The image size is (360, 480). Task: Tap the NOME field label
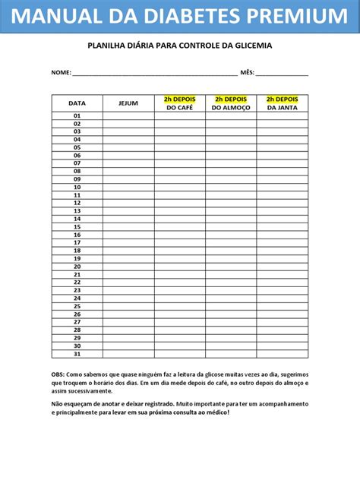(60, 73)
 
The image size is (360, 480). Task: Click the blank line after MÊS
(283, 74)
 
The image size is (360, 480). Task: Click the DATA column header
(77, 103)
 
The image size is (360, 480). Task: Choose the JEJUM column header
(128, 103)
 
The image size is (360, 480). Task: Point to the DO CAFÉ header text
(179, 108)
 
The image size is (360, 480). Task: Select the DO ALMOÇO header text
(231, 108)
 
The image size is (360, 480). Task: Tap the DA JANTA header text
(282, 108)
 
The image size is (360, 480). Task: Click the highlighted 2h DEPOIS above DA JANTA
(282, 99)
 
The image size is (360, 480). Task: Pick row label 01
(77, 115)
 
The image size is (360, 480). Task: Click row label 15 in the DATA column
(77, 226)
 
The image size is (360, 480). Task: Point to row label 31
(77, 353)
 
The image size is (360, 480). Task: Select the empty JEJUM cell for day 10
(128, 187)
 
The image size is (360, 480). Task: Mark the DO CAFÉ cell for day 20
(179, 266)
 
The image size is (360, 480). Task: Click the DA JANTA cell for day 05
(282, 147)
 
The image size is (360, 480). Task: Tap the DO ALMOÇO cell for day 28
(231, 330)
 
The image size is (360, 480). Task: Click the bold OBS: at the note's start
(58, 374)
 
